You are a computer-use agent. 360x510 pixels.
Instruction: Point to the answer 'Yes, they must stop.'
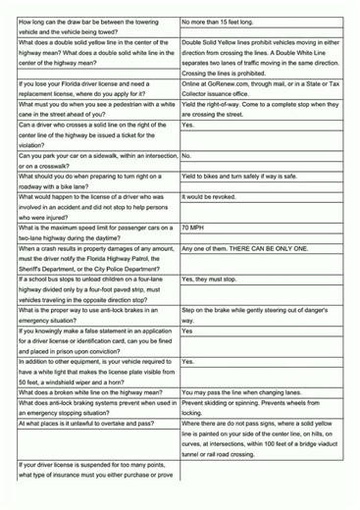tap(214, 280)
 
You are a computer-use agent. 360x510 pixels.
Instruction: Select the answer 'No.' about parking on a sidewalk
tap(186, 156)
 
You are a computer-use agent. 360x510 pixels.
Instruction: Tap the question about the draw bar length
tap(92, 24)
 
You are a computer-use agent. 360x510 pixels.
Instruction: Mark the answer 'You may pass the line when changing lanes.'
tap(247, 390)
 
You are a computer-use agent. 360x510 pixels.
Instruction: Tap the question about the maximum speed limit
tap(92, 231)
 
